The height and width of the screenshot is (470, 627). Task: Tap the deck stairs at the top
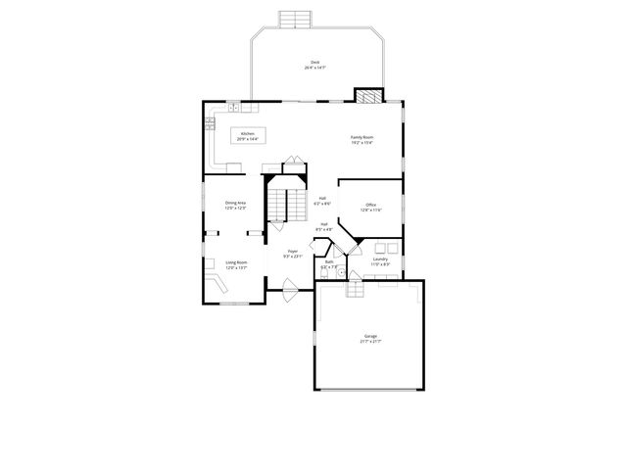pos(295,20)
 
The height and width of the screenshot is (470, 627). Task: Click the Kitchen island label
pos(249,136)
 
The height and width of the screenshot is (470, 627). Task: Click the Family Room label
pos(362,140)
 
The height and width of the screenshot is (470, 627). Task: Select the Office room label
pos(370,208)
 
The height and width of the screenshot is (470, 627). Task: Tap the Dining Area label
pos(235,206)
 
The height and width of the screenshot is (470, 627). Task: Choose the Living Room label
pos(236,264)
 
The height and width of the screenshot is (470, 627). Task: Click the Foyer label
pos(292,254)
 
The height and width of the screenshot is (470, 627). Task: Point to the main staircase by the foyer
pos(284,204)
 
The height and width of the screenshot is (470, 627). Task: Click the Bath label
pos(330,264)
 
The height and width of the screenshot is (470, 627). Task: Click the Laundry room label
pos(381,261)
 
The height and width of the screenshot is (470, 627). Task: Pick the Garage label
pos(369,338)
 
